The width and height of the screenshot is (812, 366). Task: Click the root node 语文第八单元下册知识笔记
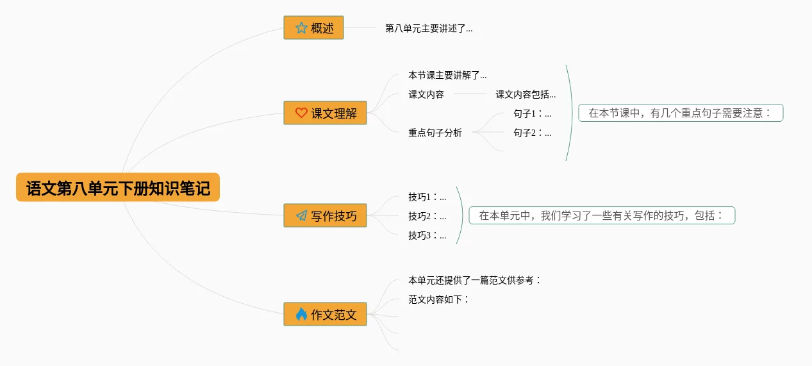pos(118,188)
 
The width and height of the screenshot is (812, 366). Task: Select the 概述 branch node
pos(313,28)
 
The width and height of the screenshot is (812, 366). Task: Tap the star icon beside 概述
pos(301,28)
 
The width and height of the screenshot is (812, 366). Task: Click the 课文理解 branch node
pos(325,113)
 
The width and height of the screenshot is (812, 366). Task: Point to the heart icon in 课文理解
pos(301,113)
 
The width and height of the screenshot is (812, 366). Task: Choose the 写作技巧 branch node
pos(325,215)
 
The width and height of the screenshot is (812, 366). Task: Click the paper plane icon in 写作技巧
pos(301,215)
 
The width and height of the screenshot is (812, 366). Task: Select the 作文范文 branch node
pos(325,314)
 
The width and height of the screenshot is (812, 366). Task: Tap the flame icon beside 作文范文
pos(301,314)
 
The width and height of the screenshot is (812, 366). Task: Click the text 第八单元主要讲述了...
pos(429,28)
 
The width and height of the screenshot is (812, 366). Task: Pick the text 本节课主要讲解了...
pos(447,75)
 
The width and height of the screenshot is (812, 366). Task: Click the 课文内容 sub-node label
pos(426,94)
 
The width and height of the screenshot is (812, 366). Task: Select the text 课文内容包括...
pos(526,94)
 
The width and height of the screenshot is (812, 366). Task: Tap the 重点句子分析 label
pos(435,133)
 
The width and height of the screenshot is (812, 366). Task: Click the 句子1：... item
pos(532,113)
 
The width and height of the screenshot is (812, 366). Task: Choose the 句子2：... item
pos(532,133)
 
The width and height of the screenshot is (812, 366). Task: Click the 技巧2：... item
pos(427,216)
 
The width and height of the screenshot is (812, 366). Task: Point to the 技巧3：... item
pos(427,235)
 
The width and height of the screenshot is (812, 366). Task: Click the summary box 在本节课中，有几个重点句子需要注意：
pos(681,113)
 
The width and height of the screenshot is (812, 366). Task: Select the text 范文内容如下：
pos(439,299)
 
